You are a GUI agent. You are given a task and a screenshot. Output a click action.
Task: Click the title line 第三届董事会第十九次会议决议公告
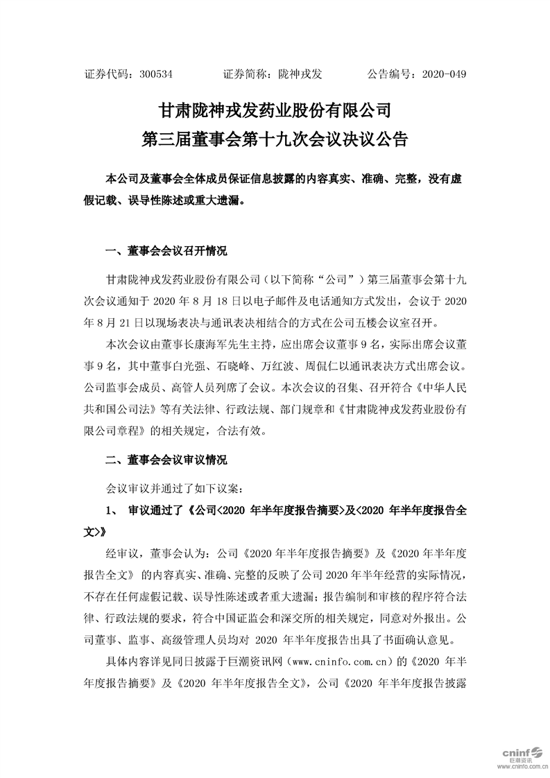275,139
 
